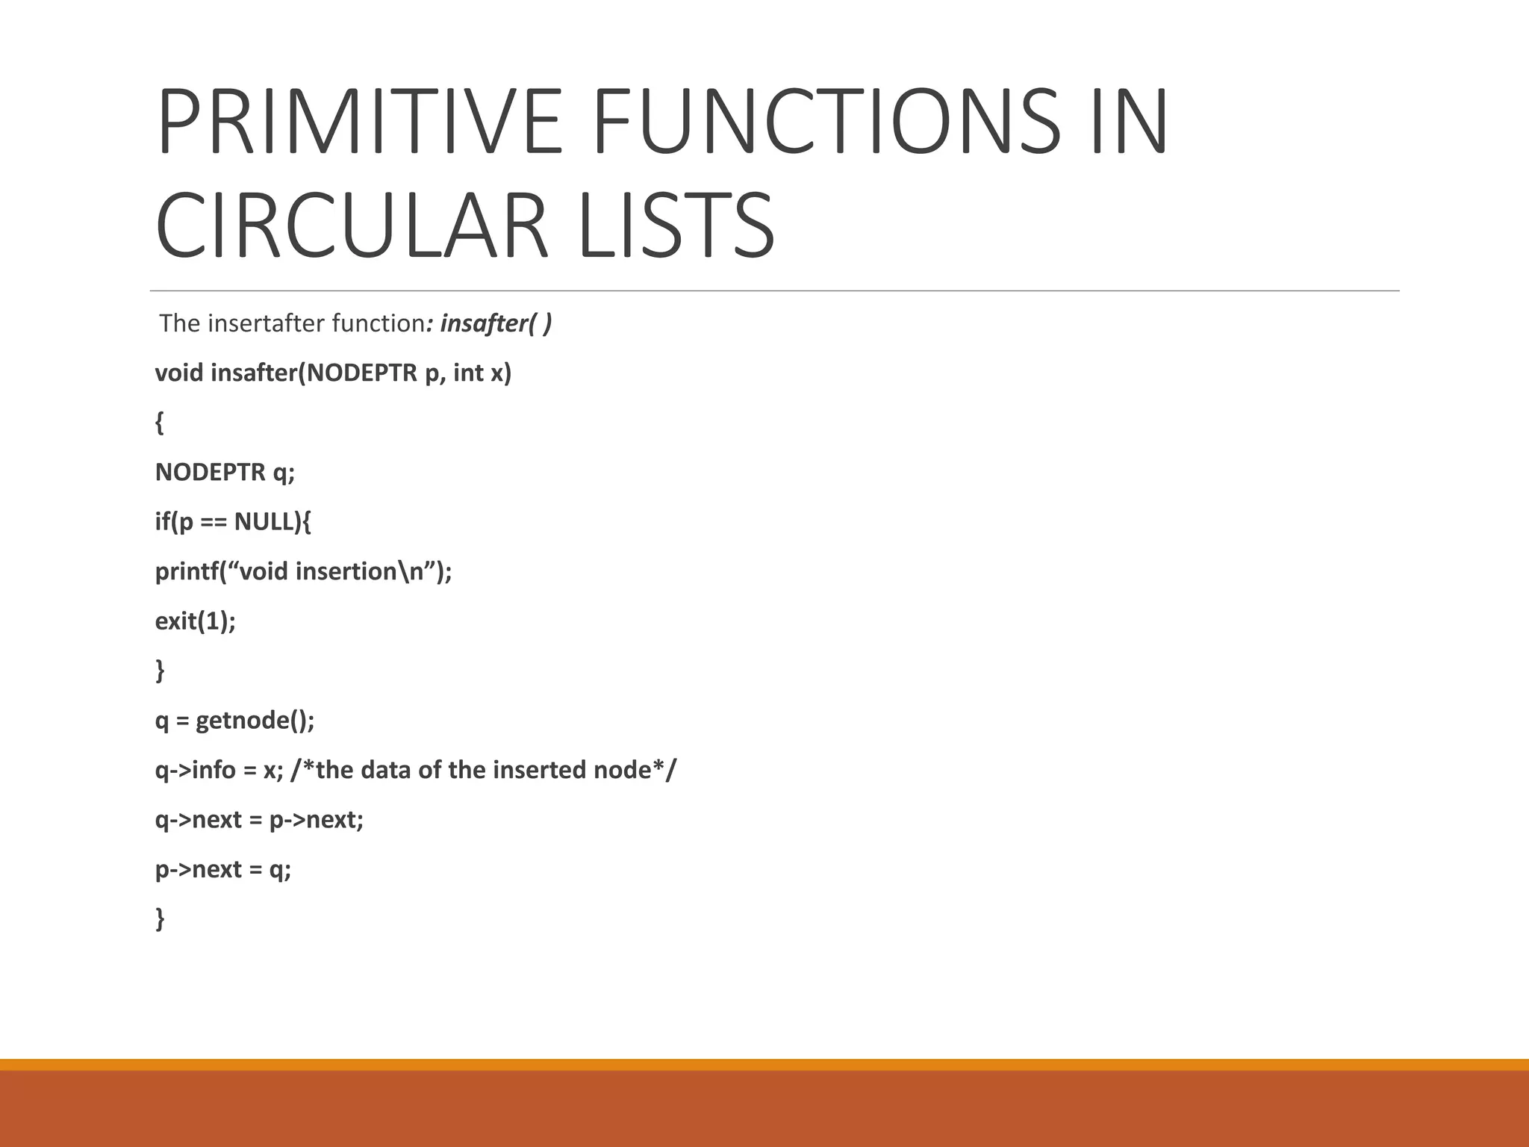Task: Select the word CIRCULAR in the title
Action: pyautogui.click(x=352, y=226)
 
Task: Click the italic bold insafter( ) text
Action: pyautogui.click(x=496, y=323)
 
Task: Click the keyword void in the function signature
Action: pyautogui.click(x=179, y=372)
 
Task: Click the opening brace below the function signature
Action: pyautogui.click(x=159, y=423)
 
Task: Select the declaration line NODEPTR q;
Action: pyautogui.click(x=225, y=472)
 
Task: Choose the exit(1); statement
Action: pyautogui.click(x=195, y=621)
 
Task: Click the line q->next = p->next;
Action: pyautogui.click(x=259, y=820)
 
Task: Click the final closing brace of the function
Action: pyautogui.click(x=159, y=918)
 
